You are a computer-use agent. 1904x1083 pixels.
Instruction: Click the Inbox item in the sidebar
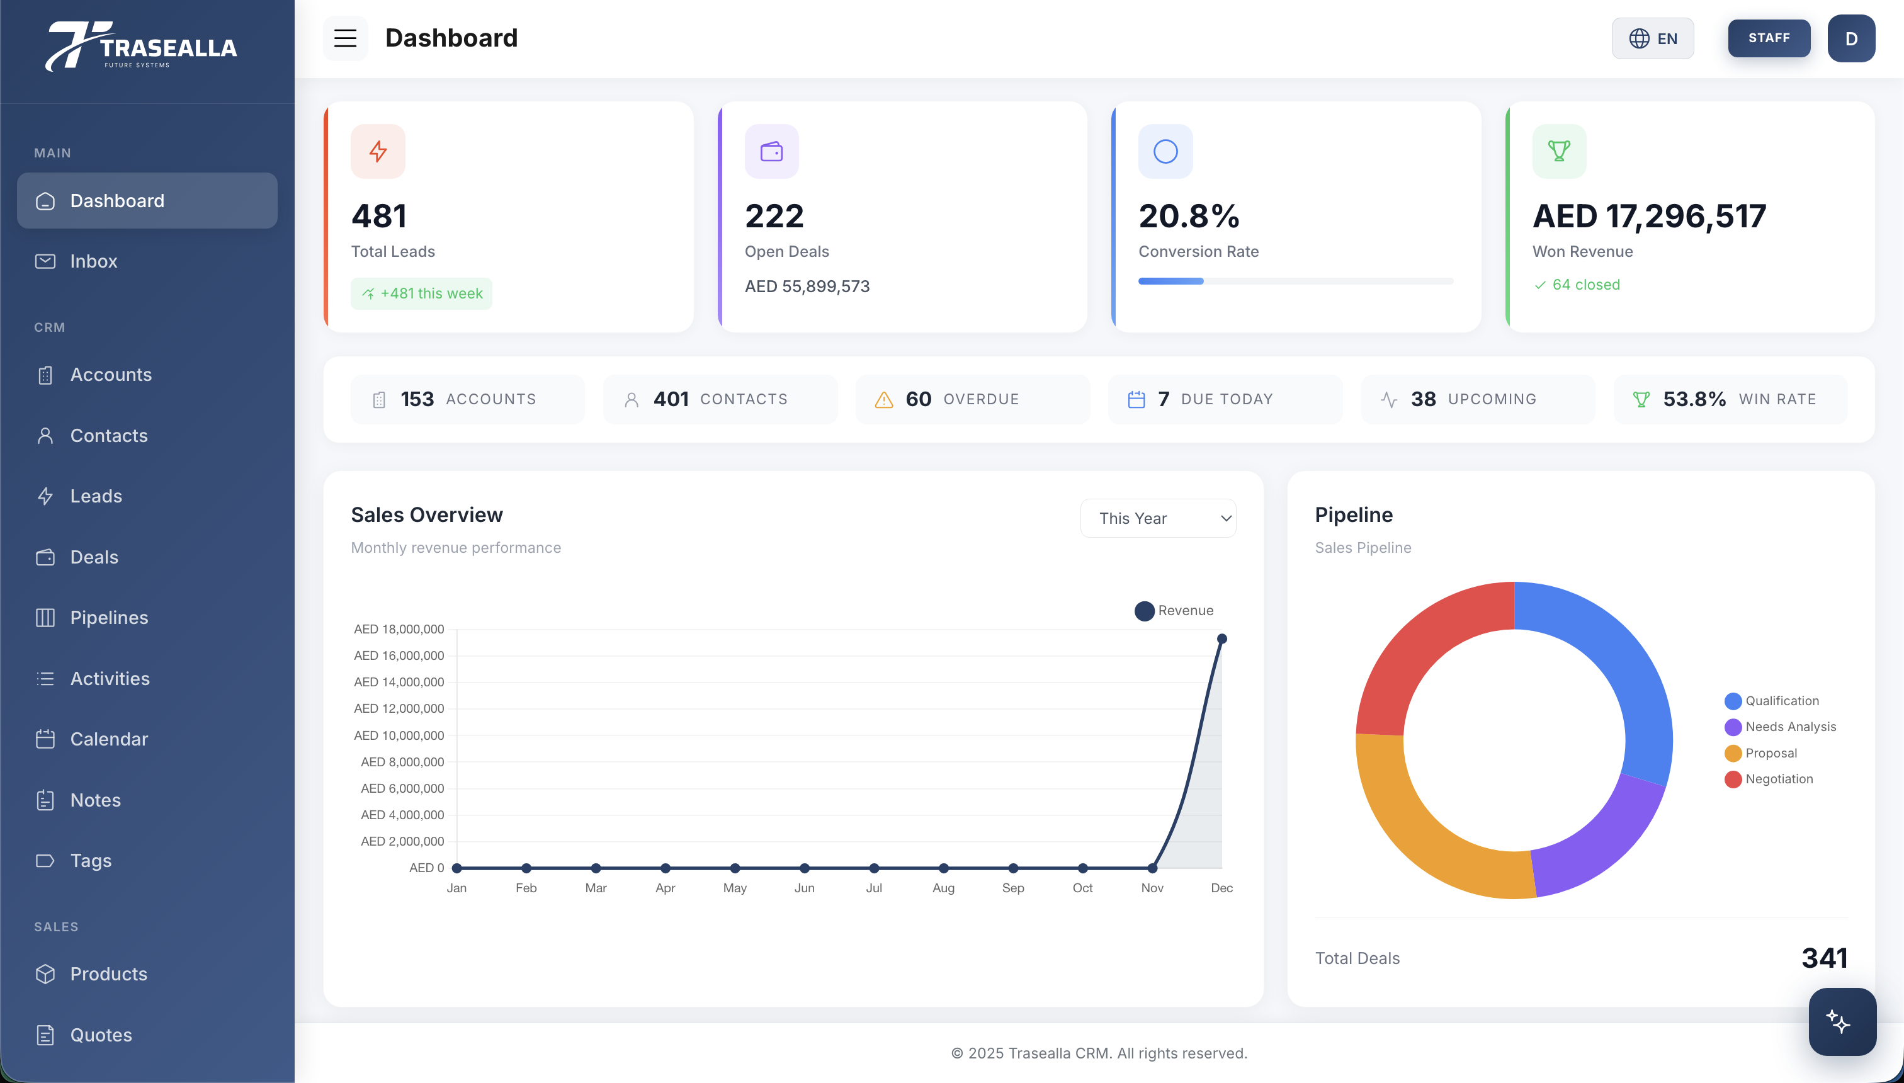[x=93, y=261]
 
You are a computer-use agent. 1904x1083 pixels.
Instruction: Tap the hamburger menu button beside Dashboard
[x=345, y=38]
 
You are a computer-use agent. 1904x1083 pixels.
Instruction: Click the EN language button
[x=1653, y=38]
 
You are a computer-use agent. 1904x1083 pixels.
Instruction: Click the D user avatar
[x=1851, y=38]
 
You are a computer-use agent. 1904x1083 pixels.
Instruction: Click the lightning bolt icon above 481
[x=378, y=152]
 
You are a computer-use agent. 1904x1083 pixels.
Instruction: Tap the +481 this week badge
[x=422, y=293]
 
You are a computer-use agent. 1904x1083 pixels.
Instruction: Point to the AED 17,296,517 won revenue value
[x=1649, y=217]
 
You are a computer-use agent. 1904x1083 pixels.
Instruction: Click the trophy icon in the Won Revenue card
[x=1559, y=152]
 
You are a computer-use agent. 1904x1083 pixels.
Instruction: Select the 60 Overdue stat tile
[x=972, y=399]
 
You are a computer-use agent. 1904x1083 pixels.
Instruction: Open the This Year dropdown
[x=1158, y=518]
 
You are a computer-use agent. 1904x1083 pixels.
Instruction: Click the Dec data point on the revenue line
[x=1221, y=639]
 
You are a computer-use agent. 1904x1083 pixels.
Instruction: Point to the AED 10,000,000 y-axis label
[x=399, y=735]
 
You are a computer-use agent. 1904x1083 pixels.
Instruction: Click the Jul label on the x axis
[x=874, y=888]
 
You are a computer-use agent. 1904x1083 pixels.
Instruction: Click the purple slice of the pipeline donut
[x=1607, y=841]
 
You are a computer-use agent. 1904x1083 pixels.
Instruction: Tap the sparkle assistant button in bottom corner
[x=1842, y=1021]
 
